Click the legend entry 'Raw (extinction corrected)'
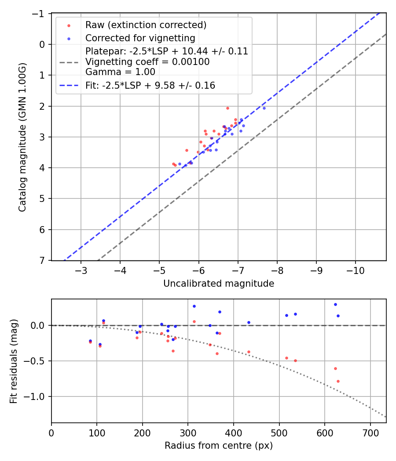pos(146,25)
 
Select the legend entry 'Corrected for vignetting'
pos(140,38)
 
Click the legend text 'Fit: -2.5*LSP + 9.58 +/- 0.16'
pos(150,86)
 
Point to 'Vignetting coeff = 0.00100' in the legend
pos(147,62)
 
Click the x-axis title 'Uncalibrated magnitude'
pos(219,284)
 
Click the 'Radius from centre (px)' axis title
pos(219,446)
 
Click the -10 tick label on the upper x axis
pos(355,270)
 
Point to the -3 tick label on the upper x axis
pos(81,270)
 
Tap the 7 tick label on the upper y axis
pos(43,261)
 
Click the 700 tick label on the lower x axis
pos(370,432)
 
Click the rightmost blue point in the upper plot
pos(264,108)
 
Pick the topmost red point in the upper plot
pos(227,108)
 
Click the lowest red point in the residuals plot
pos(338,381)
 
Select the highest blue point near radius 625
pos(335,304)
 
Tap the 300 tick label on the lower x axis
pos(188,432)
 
